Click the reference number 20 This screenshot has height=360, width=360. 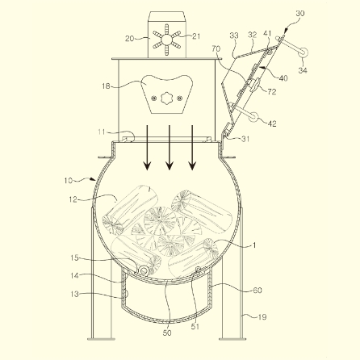pyautogui.click(x=129, y=39)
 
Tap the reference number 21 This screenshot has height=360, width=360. pyautogui.click(x=196, y=36)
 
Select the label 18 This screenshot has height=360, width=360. pyautogui.click(x=106, y=86)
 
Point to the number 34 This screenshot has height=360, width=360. pyautogui.click(x=303, y=70)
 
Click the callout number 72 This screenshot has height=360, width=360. pyautogui.click(x=272, y=92)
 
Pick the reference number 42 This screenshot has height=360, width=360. pyautogui.click(x=272, y=123)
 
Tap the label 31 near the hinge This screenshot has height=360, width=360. pyautogui.click(x=245, y=139)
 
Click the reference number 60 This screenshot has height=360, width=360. pyautogui.click(x=257, y=290)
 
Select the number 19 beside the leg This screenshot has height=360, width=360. pyautogui.click(x=262, y=317)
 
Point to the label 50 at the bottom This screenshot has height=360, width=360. pyautogui.click(x=167, y=333)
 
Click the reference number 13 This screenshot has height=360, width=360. pyautogui.click(x=74, y=294)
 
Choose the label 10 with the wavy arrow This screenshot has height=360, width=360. pyautogui.click(x=69, y=180)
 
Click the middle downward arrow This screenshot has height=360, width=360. pyautogui.click(x=170, y=148)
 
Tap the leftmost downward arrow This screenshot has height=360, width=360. pyautogui.click(x=147, y=148)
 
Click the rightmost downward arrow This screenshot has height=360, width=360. pyautogui.click(x=192, y=148)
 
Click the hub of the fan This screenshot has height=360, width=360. pyautogui.click(x=167, y=40)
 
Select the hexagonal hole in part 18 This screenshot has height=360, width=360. pyautogui.click(x=166, y=98)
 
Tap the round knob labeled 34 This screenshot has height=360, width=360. pyautogui.click(x=303, y=52)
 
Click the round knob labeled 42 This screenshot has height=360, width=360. pyautogui.click(x=253, y=117)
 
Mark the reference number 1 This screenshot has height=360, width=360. pyautogui.click(x=253, y=245)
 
